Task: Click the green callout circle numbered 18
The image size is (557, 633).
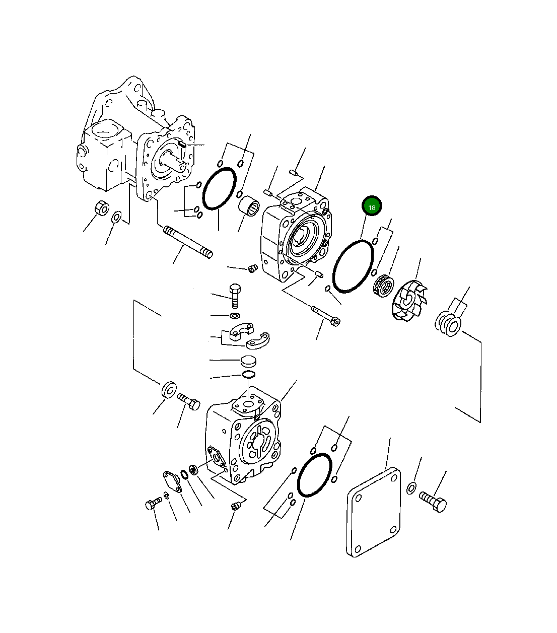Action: click(x=372, y=206)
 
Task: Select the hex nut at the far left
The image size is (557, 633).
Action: click(x=102, y=207)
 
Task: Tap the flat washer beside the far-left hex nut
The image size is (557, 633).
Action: click(x=116, y=218)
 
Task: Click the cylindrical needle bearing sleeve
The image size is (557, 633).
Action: click(x=249, y=207)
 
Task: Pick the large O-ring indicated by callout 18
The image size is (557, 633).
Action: click(x=353, y=266)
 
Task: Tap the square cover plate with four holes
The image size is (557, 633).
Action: click(x=374, y=512)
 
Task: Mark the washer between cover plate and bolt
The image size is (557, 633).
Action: click(x=411, y=487)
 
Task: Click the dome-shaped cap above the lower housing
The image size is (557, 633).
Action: click(x=248, y=361)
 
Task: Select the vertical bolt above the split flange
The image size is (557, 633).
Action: click(x=235, y=296)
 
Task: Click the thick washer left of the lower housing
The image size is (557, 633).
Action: click(x=169, y=389)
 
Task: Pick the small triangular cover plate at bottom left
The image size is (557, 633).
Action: click(x=172, y=480)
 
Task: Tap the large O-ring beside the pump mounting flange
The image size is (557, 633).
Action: click(x=219, y=189)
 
